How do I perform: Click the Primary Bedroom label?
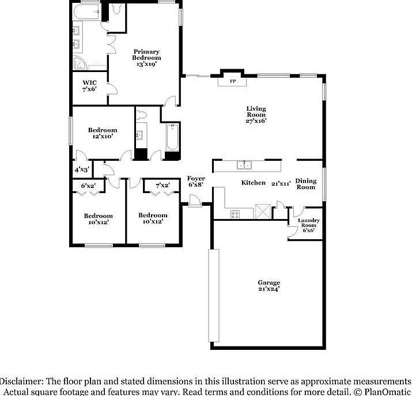(x=146, y=58)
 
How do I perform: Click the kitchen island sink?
(x=244, y=165)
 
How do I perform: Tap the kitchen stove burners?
(x=235, y=214)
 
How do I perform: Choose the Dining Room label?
(x=306, y=184)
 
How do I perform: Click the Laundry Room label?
(x=308, y=225)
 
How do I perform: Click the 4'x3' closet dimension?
(x=81, y=170)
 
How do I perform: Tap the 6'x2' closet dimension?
(x=88, y=186)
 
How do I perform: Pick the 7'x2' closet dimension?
(x=162, y=186)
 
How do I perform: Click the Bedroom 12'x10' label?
(x=103, y=133)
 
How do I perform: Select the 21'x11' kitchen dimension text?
(x=281, y=183)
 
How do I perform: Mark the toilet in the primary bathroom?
(x=118, y=9)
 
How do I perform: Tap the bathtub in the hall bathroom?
(x=172, y=138)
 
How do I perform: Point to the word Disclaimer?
(x=20, y=382)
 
